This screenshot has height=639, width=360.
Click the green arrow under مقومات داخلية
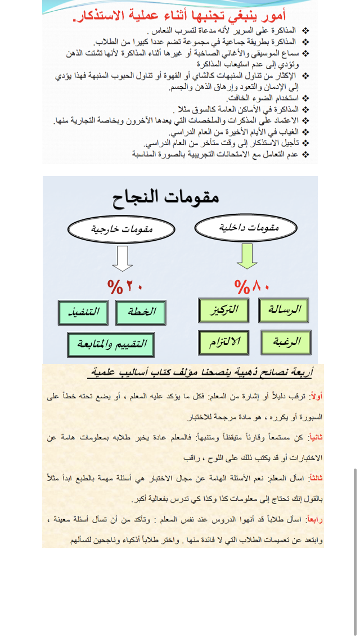245,256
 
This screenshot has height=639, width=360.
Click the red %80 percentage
252,287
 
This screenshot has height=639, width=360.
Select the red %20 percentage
125,287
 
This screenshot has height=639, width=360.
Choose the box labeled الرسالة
283,310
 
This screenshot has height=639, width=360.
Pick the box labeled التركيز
223,310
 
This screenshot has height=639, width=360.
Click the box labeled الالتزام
223,342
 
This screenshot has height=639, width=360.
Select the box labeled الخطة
141,312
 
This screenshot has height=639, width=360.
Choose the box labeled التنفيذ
83,312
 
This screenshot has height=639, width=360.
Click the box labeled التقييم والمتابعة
111,344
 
